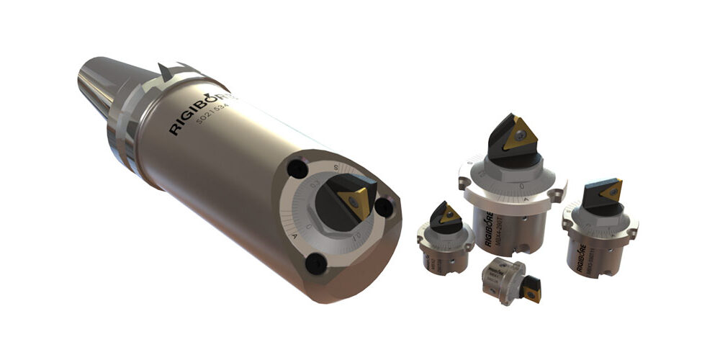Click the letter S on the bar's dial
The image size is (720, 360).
[x=335, y=167]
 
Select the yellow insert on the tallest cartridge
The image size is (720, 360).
[x=517, y=135]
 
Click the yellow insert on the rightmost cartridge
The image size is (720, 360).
[x=610, y=190]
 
